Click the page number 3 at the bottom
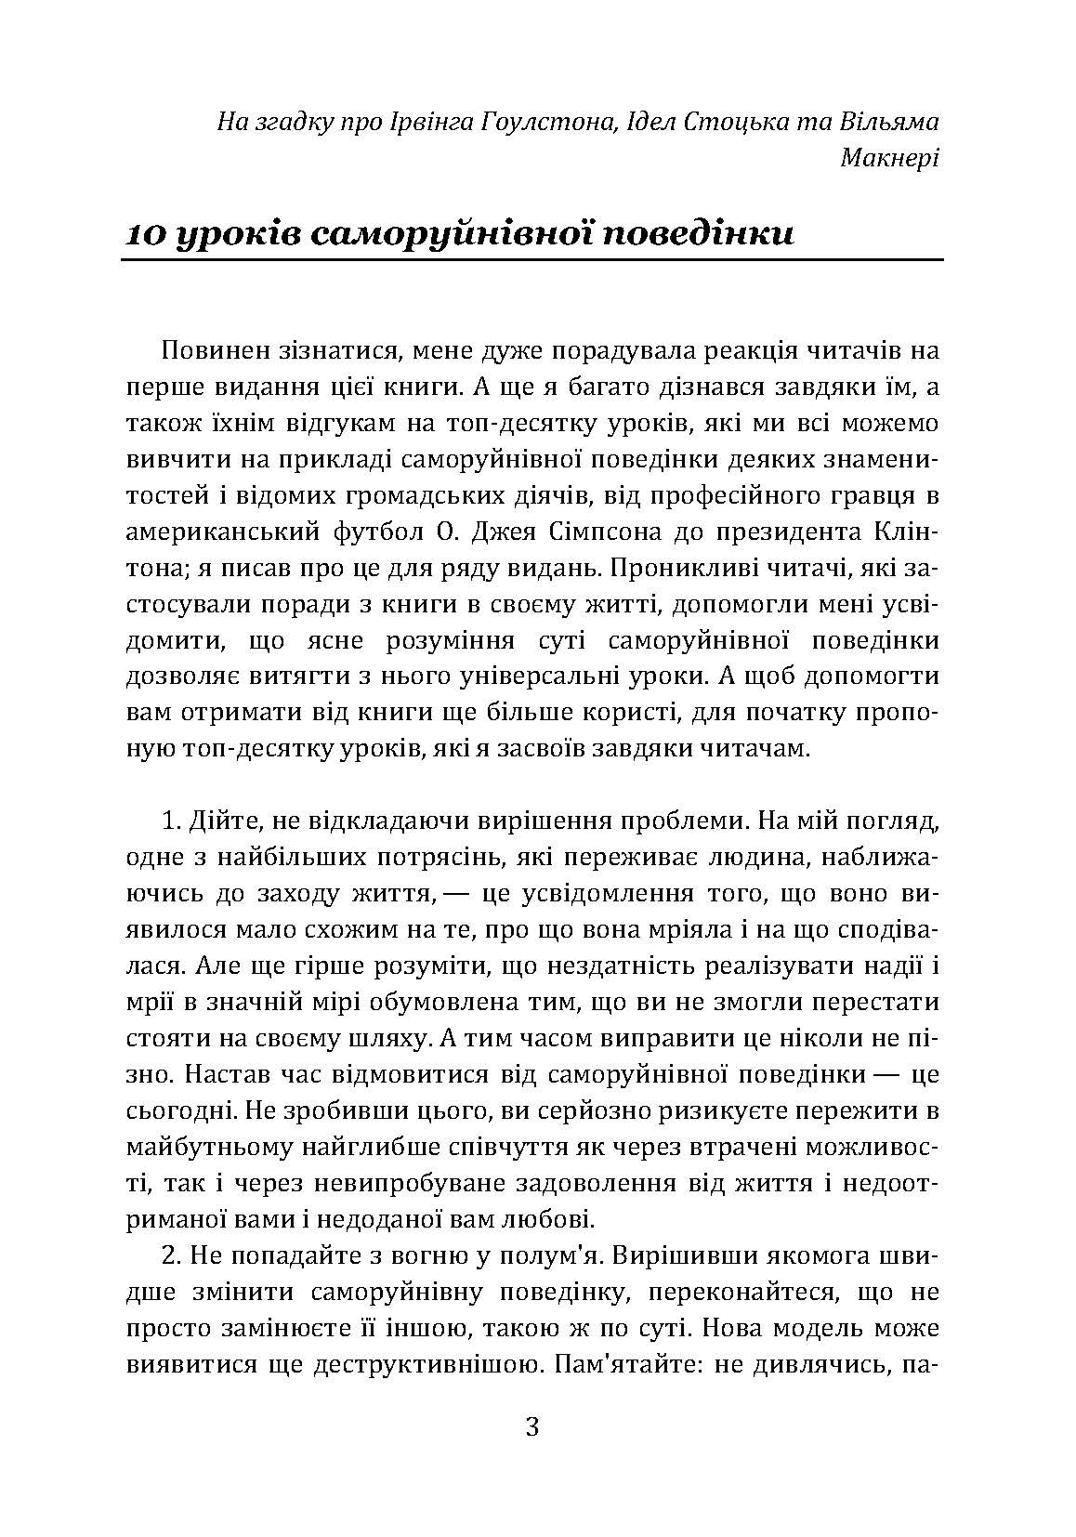tap(532, 1426)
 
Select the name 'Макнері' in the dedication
tap(889, 158)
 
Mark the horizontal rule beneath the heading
tap(532, 262)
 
